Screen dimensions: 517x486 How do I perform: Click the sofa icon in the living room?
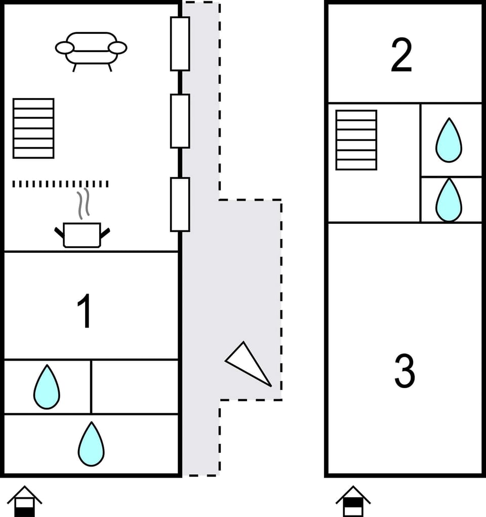pos(91,50)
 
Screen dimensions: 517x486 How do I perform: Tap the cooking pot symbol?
pos(82,235)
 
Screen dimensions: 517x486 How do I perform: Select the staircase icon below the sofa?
pos(33,128)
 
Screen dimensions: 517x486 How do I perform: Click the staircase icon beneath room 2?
pos(356,140)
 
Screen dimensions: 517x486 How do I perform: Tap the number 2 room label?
pos(401,56)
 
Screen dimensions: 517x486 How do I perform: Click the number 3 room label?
pos(404,371)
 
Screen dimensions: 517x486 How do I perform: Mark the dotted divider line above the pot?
pos(60,184)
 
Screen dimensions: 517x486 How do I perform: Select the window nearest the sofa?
pos(180,43)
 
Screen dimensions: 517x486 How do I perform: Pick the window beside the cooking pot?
pos(180,204)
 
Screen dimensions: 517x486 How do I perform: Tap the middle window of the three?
pos(180,121)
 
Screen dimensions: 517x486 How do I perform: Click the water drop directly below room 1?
pos(47,387)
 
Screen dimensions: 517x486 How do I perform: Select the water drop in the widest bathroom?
pos(91,444)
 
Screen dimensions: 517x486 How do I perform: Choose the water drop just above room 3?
pos(449,200)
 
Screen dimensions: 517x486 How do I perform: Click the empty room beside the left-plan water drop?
pos(135,387)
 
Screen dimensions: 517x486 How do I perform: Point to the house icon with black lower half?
pos(24,502)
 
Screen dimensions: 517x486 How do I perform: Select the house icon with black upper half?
pos(353,502)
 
